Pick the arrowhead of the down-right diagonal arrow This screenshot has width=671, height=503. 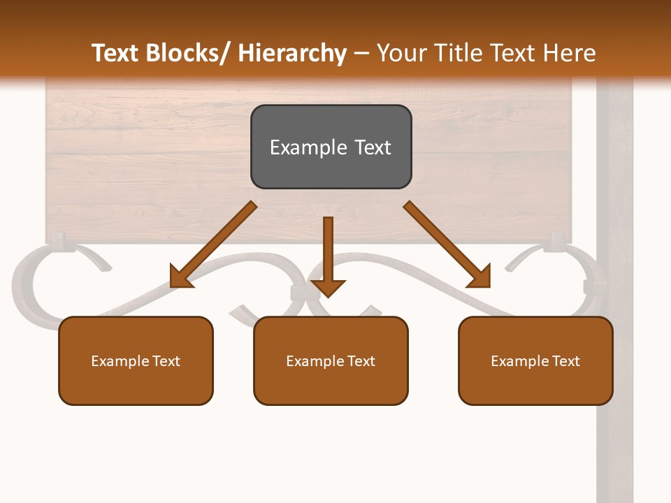click(x=479, y=277)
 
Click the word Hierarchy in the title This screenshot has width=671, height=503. click(x=291, y=53)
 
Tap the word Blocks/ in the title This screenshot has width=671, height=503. click(x=189, y=53)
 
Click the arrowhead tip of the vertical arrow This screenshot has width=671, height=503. click(x=328, y=296)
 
